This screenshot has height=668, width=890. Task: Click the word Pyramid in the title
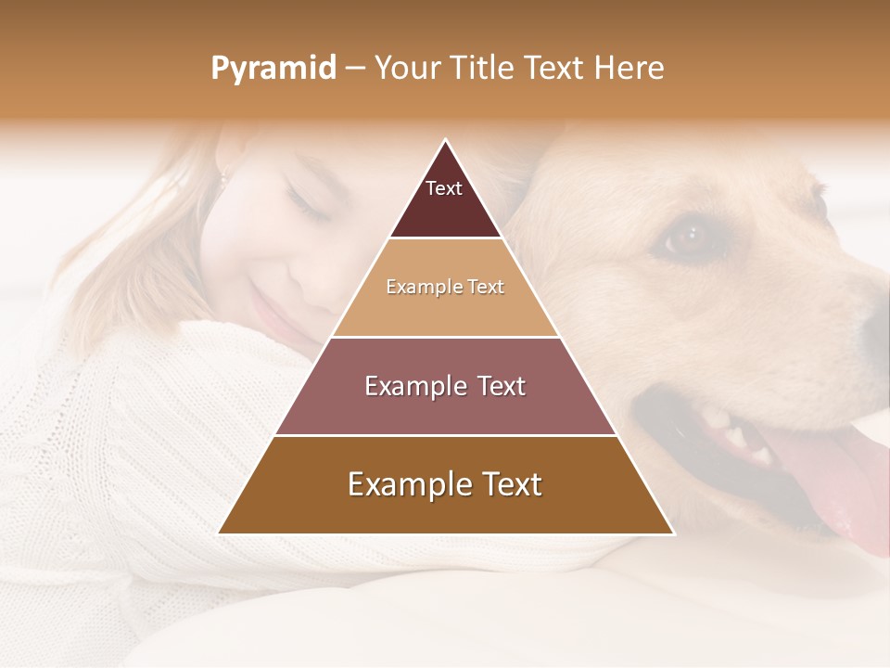pyautogui.click(x=273, y=69)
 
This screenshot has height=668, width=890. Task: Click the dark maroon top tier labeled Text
pyautogui.click(x=445, y=199)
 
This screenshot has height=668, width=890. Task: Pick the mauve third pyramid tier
pyautogui.click(x=445, y=387)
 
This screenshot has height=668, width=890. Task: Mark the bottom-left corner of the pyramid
pyautogui.click(x=220, y=533)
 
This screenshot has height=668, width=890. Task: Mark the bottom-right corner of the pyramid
pyautogui.click(x=672, y=533)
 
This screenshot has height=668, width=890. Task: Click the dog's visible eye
pyautogui.click(x=686, y=237)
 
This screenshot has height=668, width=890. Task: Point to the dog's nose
pyautogui.click(x=876, y=325)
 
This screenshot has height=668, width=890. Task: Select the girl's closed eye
pyautogui.click(x=308, y=204)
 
